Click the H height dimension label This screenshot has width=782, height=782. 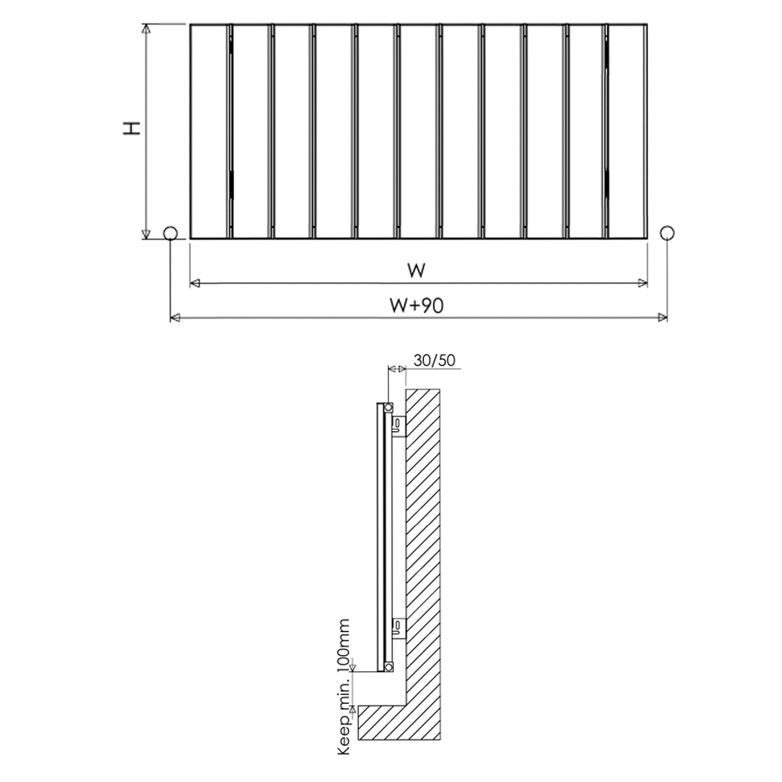[x=132, y=128]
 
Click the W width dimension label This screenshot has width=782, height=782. [x=416, y=271]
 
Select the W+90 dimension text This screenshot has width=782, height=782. [x=417, y=306]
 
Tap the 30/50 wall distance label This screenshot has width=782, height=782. [x=434, y=360]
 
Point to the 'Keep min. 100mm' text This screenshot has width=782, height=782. [x=344, y=687]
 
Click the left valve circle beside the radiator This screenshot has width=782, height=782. [x=170, y=233]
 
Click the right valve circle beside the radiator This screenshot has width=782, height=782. [x=667, y=233]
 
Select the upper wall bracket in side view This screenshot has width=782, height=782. [x=398, y=426]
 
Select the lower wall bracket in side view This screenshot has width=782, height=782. [x=398, y=628]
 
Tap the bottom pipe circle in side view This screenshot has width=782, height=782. [x=388, y=667]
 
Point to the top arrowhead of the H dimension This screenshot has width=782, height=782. [x=146, y=29]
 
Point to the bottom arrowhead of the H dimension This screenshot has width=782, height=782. [x=146, y=234]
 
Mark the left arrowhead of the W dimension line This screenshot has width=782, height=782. [x=195, y=283]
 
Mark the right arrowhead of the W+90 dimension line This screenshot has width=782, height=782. [x=662, y=317]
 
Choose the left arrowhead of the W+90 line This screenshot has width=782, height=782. [x=176, y=317]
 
